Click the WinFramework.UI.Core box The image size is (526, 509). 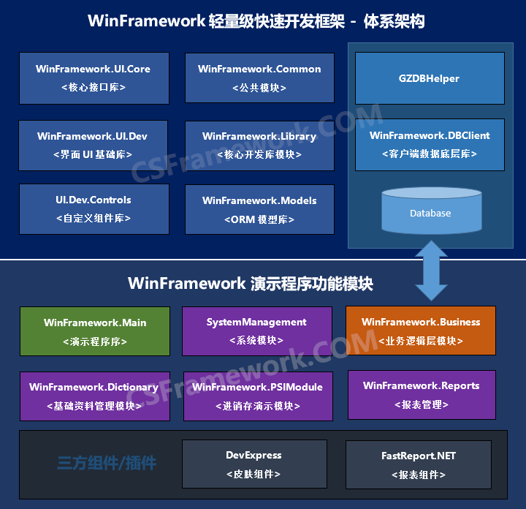(94, 78)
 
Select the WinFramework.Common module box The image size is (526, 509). (259, 78)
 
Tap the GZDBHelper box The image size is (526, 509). (430, 78)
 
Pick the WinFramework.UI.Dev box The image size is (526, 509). (94, 145)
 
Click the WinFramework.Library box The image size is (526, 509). (259, 145)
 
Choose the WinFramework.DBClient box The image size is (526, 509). (430, 144)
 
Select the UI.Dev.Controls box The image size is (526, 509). (94, 208)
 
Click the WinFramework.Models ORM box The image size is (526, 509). (259, 209)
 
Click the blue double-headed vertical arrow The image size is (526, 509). (432, 271)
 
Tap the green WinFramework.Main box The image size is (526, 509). (95, 331)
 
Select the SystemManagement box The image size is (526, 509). (256, 331)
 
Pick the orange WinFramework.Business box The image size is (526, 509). (421, 331)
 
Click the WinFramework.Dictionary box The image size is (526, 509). (95, 396)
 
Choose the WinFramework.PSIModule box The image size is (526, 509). (256, 396)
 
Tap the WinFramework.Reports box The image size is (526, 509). (422, 394)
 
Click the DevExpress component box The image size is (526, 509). (254, 464)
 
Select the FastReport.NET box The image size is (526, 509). (419, 465)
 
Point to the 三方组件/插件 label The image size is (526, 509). (107, 463)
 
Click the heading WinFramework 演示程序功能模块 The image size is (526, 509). (251, 283)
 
